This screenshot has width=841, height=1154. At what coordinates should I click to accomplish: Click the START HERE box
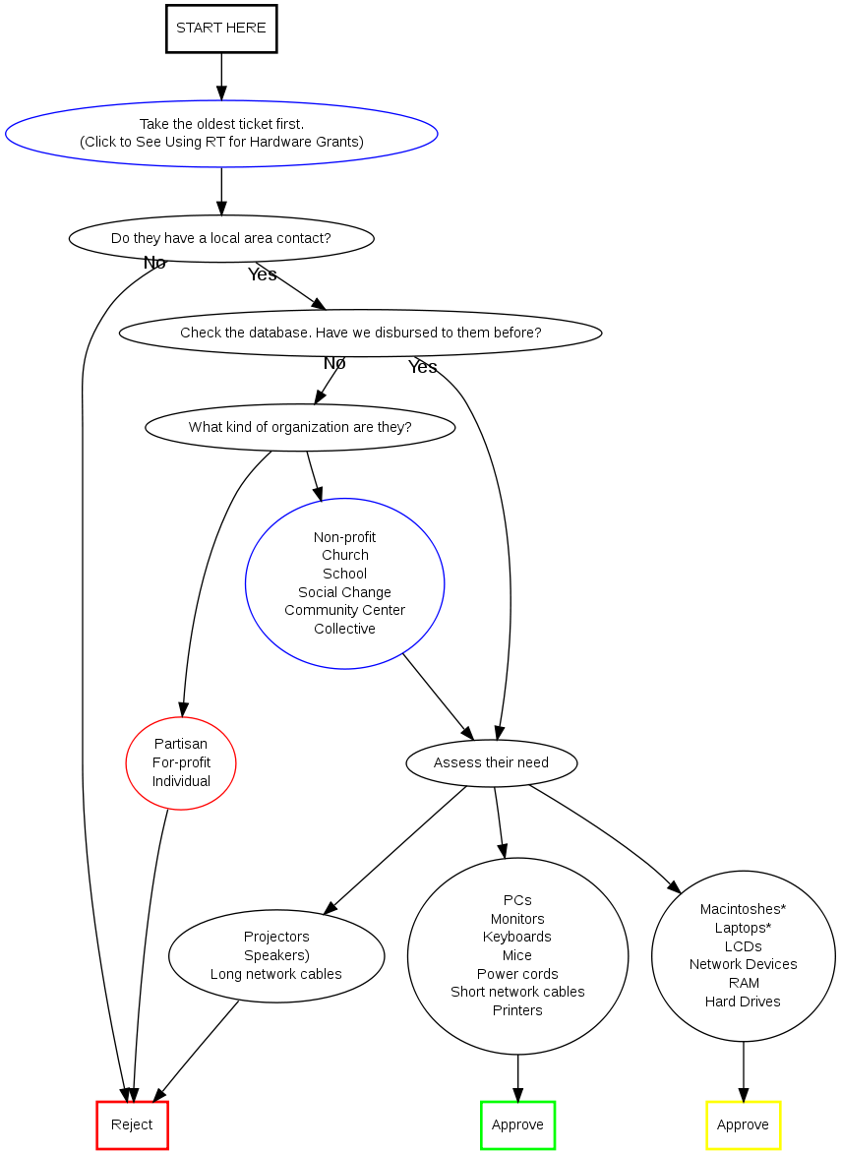pyautogui.click(x=221, y=29)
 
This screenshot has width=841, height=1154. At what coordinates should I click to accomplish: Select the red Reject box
pyautogui.click(x=132, y=1124)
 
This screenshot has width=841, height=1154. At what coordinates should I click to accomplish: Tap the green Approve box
pyautogui.click(x=517, y=1124)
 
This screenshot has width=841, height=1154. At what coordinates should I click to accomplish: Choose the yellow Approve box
pyautogui.click(x=743, y=1124)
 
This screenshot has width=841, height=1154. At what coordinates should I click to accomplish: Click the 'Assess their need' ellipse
pyautogui.click(x=491, y=762)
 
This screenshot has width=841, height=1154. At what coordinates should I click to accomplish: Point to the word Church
pyautogui.click(x=344, y=555)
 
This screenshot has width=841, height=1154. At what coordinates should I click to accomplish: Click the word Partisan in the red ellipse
pyautogui.click(x=181, y=744)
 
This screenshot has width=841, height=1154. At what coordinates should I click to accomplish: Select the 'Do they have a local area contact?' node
pyautogui.click(x=221, y=238)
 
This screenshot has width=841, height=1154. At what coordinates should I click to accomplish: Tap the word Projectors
pyautogui.click(x=276, y=937)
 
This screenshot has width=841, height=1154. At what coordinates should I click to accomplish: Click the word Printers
pyautogui.click(x=517, y=1010)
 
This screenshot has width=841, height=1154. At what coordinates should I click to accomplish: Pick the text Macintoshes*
pyautogui.click(x=743, y=909)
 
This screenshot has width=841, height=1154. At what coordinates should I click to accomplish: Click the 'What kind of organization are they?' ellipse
pyautogui.click(x=300, y=427)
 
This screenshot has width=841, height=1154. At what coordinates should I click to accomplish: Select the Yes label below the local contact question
pyautogui.click(x=263, y=274)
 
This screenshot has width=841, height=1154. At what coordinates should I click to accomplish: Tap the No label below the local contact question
pyautogui.click(x=154, y=263)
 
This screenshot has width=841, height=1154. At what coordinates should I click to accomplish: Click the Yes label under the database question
pyautogui.click(x=423, y=367)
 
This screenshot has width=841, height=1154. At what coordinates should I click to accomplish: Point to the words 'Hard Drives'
pyautogui.click(x=743, y=1002)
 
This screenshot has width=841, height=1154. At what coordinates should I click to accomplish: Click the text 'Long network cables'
pyautogui.click(x=276, y=974)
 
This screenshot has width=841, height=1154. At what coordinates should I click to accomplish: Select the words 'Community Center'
pyautogui.click(x=344, y=610)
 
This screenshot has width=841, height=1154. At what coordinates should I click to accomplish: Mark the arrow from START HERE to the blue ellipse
pyautogui.click(x=221, y=77)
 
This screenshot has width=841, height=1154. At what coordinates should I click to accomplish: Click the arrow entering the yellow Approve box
pyautogui.click(x=743, y=1072)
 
